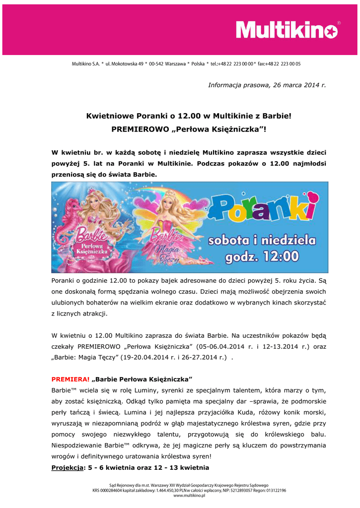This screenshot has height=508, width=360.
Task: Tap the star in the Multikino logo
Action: pos(331,31)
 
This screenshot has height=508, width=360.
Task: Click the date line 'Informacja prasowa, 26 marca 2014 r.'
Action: pos(267,85)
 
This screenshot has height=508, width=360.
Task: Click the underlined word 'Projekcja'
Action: pos(68,468)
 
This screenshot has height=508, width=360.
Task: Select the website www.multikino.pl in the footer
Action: pos(189,495)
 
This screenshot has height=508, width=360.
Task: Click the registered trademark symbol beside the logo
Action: pos(339,23)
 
